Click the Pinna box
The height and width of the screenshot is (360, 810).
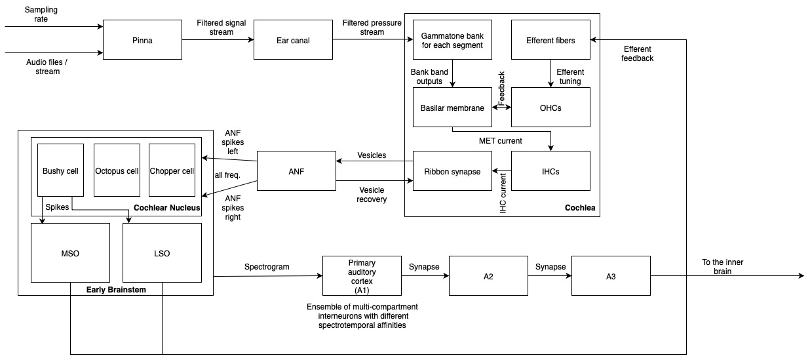click(143, 40)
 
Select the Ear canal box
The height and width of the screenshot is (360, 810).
click(293, 40)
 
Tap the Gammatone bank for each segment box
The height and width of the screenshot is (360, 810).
click(452, 40)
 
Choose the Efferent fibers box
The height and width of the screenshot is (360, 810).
click(550, 40)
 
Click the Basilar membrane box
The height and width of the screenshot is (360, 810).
click(452, 106)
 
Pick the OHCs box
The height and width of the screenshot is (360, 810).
click(550, 106)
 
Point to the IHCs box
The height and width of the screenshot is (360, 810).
click(550, 171)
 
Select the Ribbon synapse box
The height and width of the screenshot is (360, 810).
click(452, 171)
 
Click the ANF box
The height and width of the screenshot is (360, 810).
click(296, 171)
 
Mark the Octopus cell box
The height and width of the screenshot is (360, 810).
click(117, 170)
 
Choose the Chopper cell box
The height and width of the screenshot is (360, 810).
click(172, 170)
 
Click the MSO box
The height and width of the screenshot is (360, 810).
click(70, 254)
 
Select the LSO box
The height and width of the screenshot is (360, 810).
click(163, 254)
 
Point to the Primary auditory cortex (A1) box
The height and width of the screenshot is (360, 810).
click(362, 276)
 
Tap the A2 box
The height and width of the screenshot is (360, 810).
click(488, 276)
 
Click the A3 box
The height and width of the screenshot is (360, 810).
click(611, 276)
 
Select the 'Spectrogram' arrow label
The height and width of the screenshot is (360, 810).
click(266, 268)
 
